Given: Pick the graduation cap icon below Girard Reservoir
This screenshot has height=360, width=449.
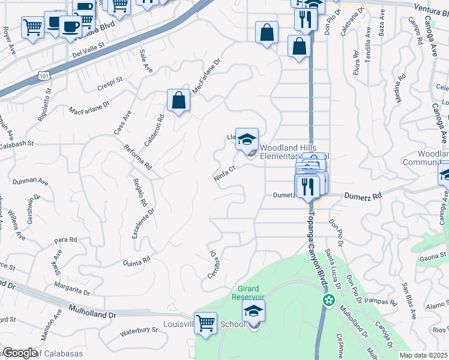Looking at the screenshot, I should pos(253,312).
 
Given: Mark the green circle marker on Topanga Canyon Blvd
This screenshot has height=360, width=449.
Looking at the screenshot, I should pos(328,300).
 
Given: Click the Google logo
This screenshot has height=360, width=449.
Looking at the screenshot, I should pos(19,352).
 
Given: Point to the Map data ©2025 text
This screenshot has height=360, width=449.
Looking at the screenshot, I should pos(423,355).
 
